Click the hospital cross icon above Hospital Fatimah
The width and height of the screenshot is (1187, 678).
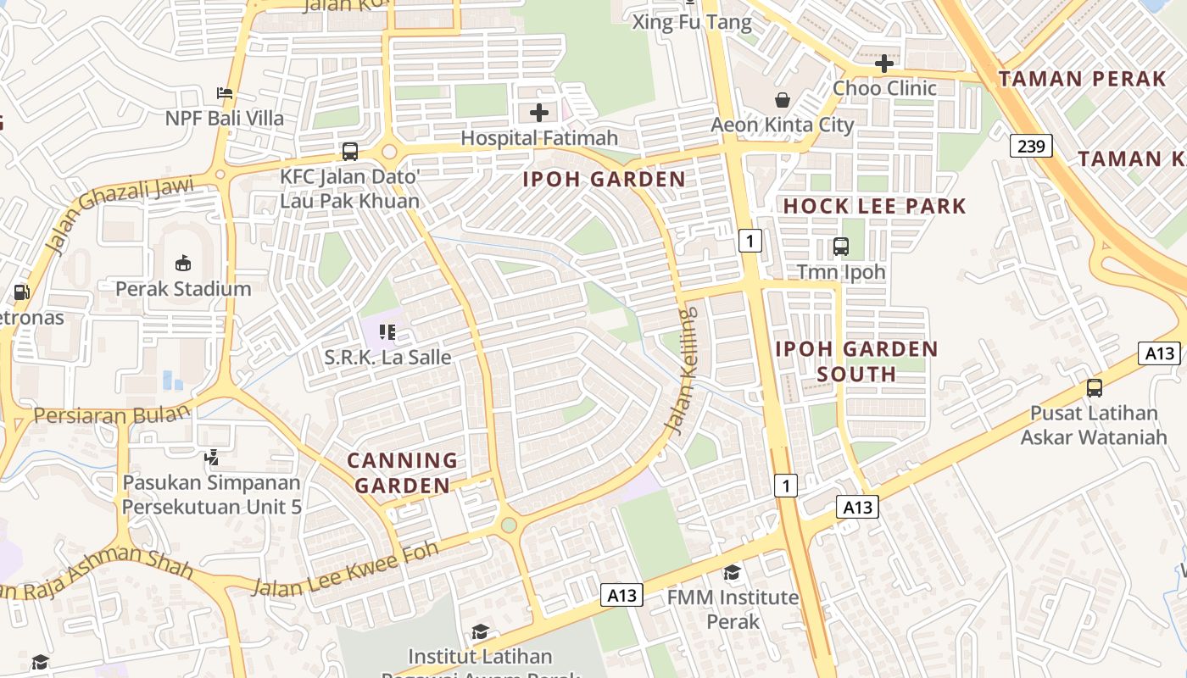pos(539,112)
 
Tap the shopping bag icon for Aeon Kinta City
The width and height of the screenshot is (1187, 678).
pos(783,100)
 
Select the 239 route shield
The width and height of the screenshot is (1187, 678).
pos(1031,146)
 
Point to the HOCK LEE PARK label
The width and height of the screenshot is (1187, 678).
pos(874,206)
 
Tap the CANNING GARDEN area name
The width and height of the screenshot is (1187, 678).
pos(403,473)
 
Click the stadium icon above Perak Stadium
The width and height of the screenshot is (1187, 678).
pos(183,263)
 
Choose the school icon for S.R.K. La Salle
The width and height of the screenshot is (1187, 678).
pos(387,331)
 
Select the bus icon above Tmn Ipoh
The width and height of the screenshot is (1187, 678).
pos(841,247)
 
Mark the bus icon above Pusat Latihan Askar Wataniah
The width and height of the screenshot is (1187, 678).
pos(1095,388)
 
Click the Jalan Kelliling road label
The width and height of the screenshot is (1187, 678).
pos(683,370)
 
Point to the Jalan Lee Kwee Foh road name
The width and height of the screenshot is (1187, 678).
pos(346,569)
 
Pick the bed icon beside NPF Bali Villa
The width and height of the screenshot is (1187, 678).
pos(225,92)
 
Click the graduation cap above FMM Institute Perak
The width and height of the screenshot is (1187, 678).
pos(732,572)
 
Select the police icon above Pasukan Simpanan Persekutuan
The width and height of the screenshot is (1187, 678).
pos(212,458)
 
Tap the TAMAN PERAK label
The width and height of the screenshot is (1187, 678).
pos(1082,80)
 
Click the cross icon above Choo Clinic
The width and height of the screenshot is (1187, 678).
pos(884,64)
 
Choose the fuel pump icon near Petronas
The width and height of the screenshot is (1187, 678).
pos(21,292)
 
